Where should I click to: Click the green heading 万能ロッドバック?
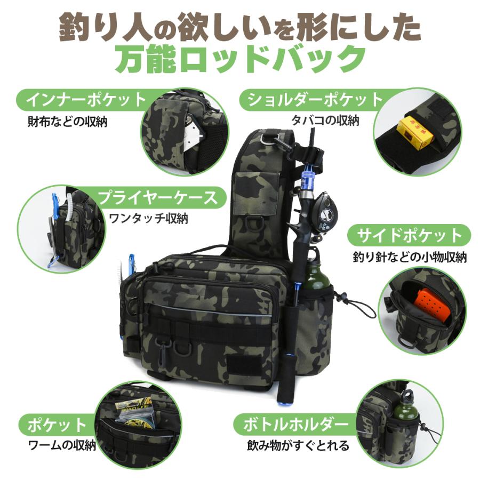(240, 60)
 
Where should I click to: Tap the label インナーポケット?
(86, 100)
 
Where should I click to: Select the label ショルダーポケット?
(316, 100)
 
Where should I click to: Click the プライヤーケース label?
(157, 197)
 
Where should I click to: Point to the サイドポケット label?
(409, 235)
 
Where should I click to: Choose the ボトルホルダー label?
(295, 425)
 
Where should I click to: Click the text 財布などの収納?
(67, 122)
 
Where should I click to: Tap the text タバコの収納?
(325, 121)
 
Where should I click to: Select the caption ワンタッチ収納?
(148, 219)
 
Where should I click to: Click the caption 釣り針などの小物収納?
(410, 257)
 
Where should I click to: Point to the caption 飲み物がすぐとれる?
(298, 446)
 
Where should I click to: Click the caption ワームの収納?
(62, 445)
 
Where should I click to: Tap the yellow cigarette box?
(415, 134)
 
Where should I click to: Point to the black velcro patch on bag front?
(238, 365)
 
